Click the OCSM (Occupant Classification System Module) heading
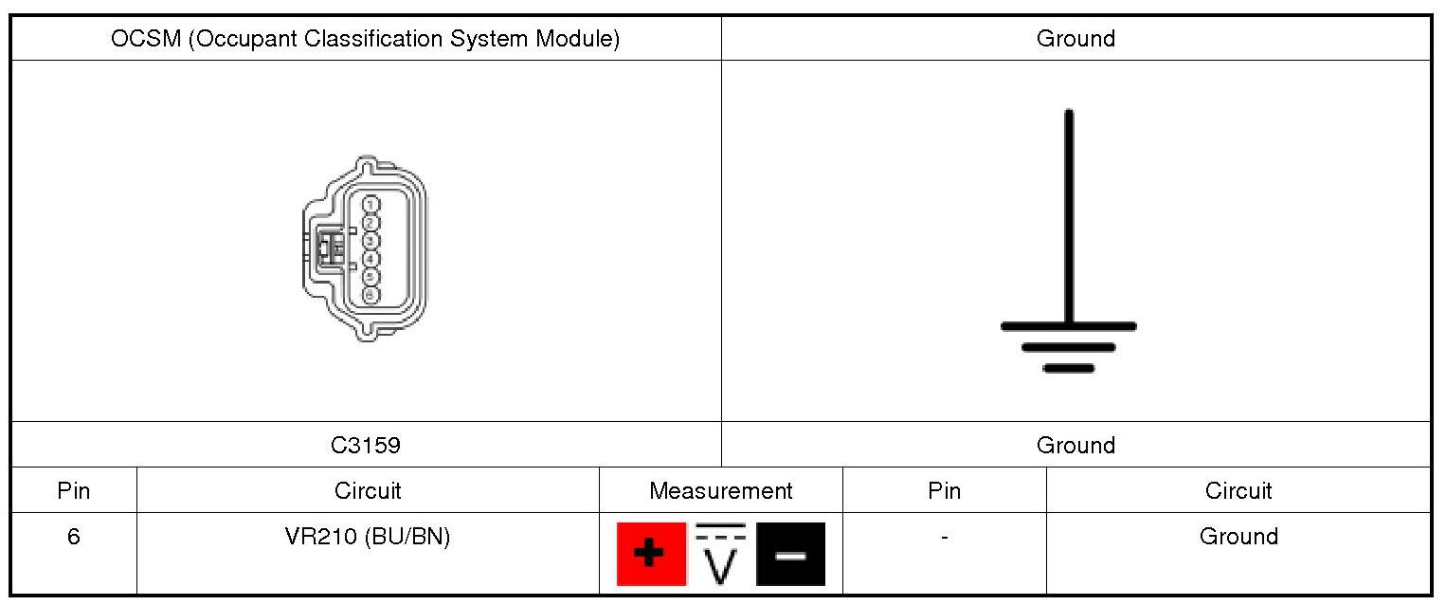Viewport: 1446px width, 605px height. tap(365, 39)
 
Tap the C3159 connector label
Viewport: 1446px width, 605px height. tap(365, 445)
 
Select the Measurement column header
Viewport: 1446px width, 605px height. tap(720, 490)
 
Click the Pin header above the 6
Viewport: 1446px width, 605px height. tap(73, 490)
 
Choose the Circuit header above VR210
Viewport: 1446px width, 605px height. tap(368, 490)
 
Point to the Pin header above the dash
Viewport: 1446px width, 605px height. tap(944, 490)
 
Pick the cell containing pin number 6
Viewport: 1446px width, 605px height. tap(73, 537)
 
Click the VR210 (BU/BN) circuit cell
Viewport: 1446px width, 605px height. tap(368, 537)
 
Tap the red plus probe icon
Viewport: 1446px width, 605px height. tap(651, 554)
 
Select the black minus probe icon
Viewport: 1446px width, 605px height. tap(790, 554)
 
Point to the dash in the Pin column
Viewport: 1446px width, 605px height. tap(944, 538)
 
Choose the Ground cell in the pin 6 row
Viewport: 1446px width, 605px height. tap(1238, 537)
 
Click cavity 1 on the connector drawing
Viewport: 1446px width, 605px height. tap(371, 204)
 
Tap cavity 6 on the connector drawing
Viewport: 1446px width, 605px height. tap(371, 295)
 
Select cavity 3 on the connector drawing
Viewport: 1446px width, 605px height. tap(371, 240)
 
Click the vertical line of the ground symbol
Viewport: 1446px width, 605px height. tap(1069, 218)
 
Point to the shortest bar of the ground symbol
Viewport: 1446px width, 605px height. tap(1069, 368)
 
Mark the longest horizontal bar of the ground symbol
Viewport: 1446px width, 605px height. tap(1069, 326)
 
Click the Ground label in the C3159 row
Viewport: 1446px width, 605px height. tap(1075, 445)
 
